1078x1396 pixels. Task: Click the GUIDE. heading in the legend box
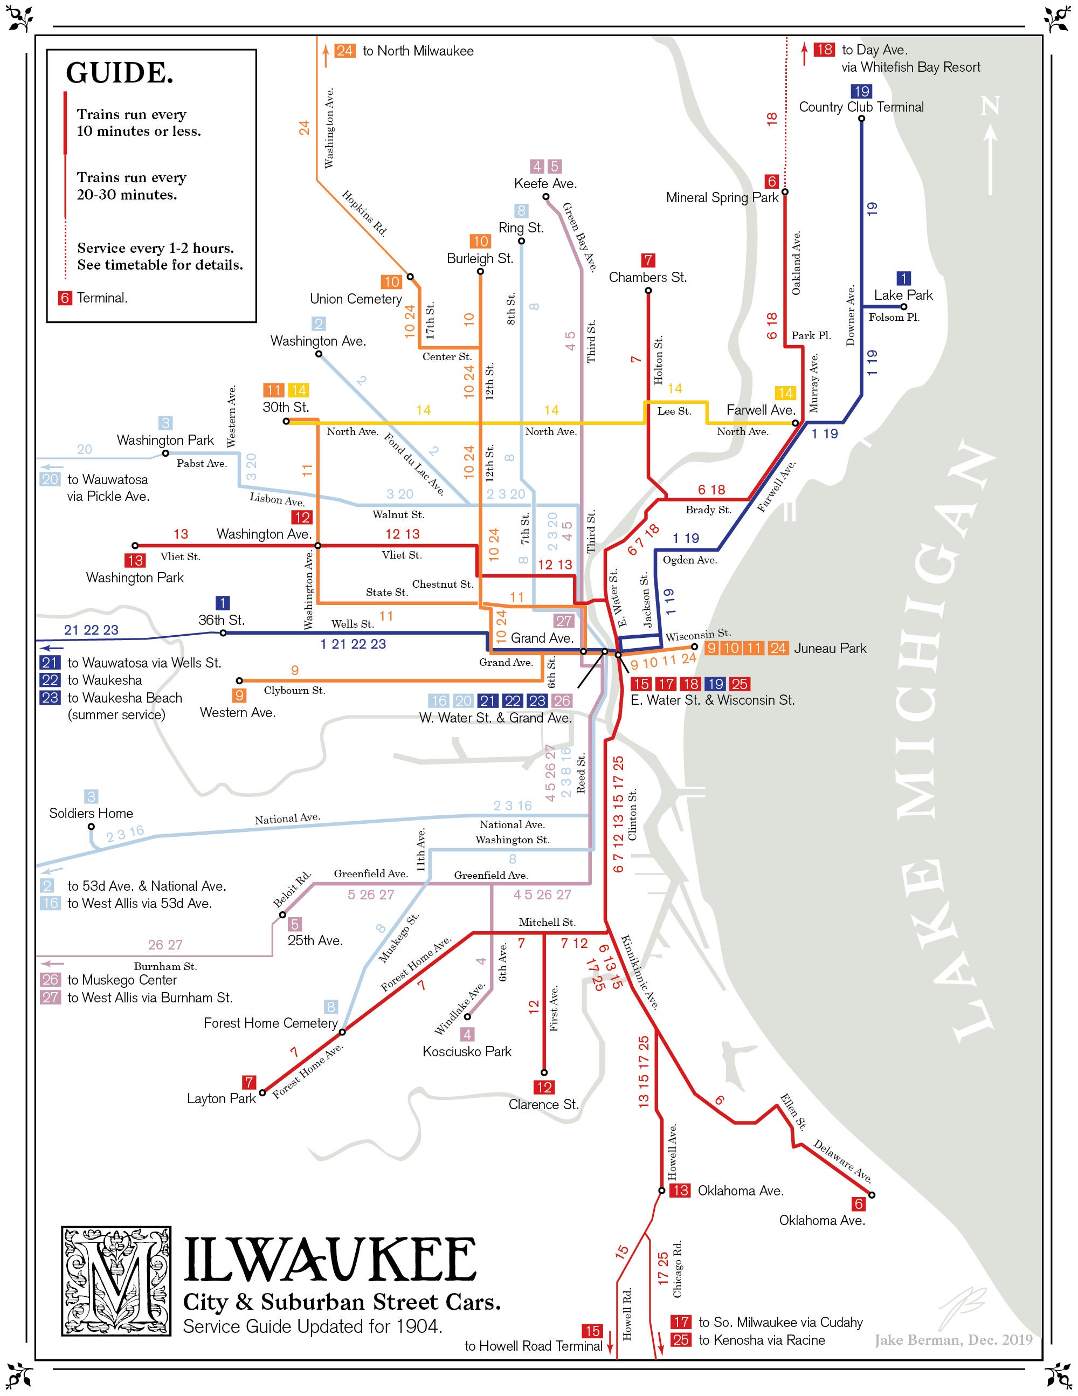[x=120, y=73]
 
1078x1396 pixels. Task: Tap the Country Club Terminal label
[x=861, y=107]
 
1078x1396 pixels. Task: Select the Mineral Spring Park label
[x=722, y=197]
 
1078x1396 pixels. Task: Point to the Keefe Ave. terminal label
[x=545, y=184]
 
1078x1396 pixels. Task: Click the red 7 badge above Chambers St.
[x=648, y=260]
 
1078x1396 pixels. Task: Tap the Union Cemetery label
[x=356, y=299]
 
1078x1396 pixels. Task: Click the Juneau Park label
[x=830, y=648]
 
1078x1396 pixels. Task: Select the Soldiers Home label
[x=92, y=813]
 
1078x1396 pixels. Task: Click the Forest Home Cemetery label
[x=270, y=1023]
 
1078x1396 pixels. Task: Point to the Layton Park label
[x=221, y=1098]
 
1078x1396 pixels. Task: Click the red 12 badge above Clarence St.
[x=544, y=1087]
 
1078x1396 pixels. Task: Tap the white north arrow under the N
[x=991, y=160]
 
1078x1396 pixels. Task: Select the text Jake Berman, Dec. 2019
[x=953, y=1340]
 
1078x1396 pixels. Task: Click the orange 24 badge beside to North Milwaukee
[x=345, y=51]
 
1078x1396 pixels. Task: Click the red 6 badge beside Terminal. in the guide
[x=65, y=298]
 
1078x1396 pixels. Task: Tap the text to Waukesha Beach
[x=125, y=698]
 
